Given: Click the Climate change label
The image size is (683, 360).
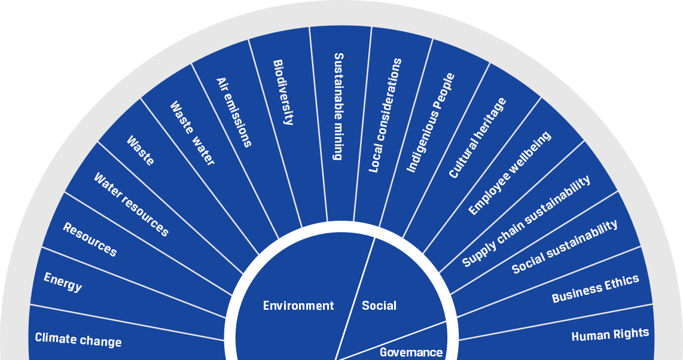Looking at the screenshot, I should pos(78,340).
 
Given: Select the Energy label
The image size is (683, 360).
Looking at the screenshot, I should pos(63,282).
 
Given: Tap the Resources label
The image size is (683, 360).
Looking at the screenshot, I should pos(90,239).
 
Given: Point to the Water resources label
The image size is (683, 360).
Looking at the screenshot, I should pos(132,205).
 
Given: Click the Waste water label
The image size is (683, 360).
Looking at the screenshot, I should pos(193,133).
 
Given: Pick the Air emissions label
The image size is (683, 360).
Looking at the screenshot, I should pos(234,112).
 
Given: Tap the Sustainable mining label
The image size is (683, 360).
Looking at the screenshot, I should pos(339,106).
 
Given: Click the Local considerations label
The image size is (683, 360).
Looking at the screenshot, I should pos(385,115).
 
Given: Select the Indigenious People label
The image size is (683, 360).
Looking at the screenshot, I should pos(431,123).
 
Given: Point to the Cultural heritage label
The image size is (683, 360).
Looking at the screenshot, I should pos(477,138).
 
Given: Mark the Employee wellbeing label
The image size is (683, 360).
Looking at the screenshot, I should pos(510,173).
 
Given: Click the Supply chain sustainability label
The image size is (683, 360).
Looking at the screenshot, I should pos(526,221).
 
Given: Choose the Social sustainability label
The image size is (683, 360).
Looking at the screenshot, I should pos(565,246).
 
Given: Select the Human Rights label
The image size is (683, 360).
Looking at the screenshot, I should pos(610,334).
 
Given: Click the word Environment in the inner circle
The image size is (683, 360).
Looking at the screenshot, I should pos(298,306).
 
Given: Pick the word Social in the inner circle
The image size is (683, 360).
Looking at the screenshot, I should pos(379,306).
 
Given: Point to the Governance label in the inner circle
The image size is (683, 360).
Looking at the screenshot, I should pos(411,352).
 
